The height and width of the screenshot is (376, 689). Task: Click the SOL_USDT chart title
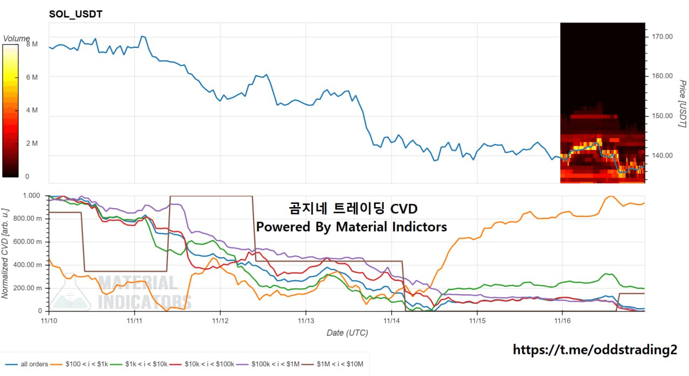pyautogui.click(x=75, y=15)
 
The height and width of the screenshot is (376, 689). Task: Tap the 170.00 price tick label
pyautogui.click(x=662, y=37)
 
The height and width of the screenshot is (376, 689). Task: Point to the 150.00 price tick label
pyautogui.click(x=662, y=116)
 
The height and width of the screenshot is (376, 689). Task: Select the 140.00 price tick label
pyautogui.click(x=662, y=155)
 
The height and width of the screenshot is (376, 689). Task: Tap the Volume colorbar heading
pyautogui.click(x=17, y=39)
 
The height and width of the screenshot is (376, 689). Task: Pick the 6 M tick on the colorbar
pyautogui.click(x=32, y=77)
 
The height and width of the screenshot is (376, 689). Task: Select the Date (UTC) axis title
pyautogui.click(x=347, y=333)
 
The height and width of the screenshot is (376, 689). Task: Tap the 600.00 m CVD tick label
pyautogui.click(x=27, y=242)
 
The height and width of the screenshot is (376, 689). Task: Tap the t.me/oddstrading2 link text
pyautogui.click(x=595, y=350)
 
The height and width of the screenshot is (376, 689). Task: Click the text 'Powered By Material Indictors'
pyautogui.click(x=351, y=227)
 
